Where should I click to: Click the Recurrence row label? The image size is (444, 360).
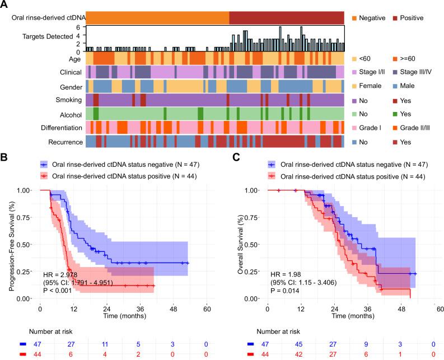click(66, 142)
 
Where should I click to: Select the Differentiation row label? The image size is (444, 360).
click(58, 128)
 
